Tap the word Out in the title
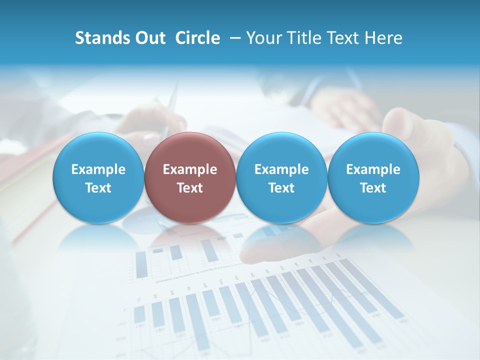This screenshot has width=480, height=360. (x=149, y=38)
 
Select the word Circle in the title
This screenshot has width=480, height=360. (x=197, y=38)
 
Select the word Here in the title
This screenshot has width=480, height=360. (x=383, y=38)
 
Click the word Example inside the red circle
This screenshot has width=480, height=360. (x=190, y=169)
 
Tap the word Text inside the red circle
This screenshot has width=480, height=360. (x=190, y=188)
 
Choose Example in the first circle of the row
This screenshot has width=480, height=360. (x=98, y=169)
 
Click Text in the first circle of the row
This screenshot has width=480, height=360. (x=98, y=188)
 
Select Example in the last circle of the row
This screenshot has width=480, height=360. (x=373, y=169)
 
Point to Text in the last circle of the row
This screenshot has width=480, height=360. (x=373, y=188)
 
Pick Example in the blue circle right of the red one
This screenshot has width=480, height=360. (x=281, y=169)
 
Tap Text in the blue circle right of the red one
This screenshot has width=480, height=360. (x=281, y=188)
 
